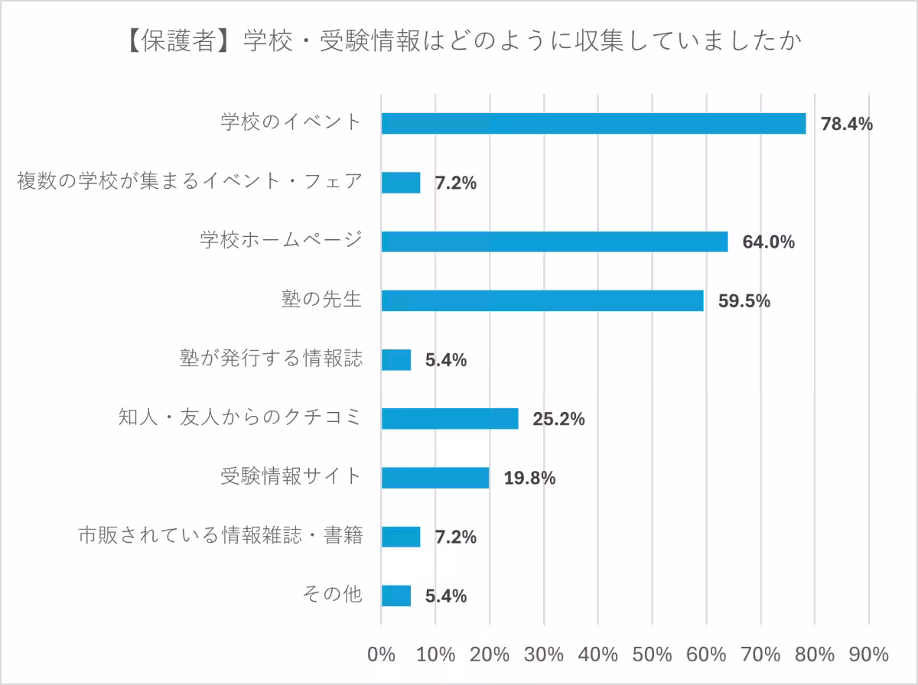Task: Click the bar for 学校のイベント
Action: pos(593,123)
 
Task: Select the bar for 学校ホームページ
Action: pos(554,242)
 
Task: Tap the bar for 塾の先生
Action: pos(542,300)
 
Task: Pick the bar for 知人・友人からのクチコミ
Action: pos(449,418)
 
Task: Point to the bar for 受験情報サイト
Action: pos(435,478)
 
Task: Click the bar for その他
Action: pos(396,596)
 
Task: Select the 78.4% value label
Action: pos(846,124)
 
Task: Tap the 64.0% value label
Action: pos(768,242)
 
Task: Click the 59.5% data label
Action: pos(744,301)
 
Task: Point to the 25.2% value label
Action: pos(558,419)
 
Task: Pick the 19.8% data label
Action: pos(529,479)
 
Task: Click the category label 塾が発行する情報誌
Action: pos(270,359)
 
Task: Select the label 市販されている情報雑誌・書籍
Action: pos(220,536)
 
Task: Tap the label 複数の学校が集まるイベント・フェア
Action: pos(189,182)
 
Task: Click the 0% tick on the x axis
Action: pos(381,654)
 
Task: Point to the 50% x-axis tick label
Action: pos(652,654)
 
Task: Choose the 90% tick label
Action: pos(868,654)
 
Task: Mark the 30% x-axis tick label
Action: pos(543,654)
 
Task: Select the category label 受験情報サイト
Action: pos(291,477)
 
